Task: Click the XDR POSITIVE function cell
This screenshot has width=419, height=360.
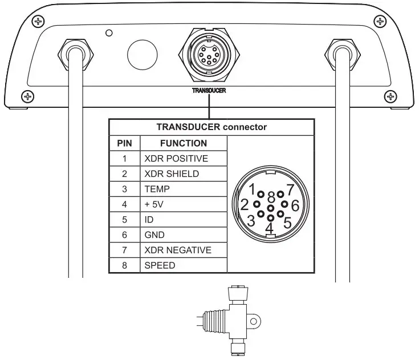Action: click(x=184, y=158)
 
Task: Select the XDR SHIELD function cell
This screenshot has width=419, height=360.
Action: click(x=184, y=173)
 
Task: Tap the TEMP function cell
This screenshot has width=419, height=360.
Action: click(x=184, y=189)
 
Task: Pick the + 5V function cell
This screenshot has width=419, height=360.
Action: click(x=184, y=204)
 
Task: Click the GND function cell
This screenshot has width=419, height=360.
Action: click(x=184, y=234)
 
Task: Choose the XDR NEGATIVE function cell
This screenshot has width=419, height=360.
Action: click(x=184, y=250)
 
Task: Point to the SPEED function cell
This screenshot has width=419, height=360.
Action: click(x=184, y=265)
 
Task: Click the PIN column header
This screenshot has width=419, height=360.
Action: click(x=124, y=143)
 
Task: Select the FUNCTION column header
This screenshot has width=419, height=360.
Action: click(x=184, y=143)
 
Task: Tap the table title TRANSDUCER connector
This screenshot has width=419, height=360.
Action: click(x=211, y=127)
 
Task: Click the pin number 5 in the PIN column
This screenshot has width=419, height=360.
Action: click(x=124, y=219)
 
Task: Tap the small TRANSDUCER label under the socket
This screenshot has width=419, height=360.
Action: click(x=209, y=91)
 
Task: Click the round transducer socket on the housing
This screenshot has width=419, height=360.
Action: click(x=209, y=56)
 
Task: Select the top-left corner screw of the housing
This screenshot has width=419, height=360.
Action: click(x=39, y=22)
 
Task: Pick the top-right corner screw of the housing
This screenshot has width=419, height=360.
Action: click(x=379, y=22)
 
